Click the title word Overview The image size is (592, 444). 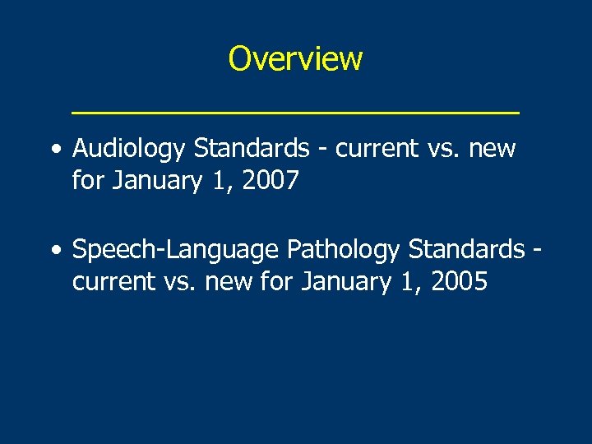(x=295, y=58)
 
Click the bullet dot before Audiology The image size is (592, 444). (x=54, y=150)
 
